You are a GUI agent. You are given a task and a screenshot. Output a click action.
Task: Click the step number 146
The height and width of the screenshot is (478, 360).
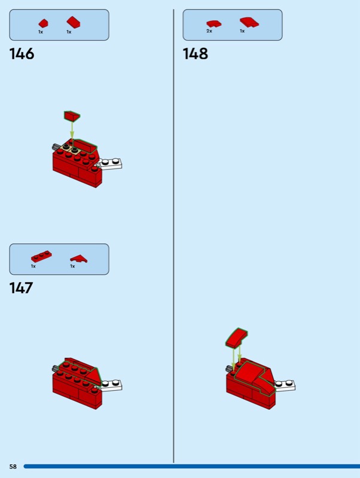click(x=22, y=54)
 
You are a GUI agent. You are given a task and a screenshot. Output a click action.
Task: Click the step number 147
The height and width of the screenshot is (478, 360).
click(x=21, y=288)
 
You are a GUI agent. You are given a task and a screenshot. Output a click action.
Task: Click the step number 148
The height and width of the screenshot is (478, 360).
click(x=196, y=54)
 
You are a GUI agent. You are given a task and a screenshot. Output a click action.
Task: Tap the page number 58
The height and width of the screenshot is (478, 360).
click(x=13, y=467)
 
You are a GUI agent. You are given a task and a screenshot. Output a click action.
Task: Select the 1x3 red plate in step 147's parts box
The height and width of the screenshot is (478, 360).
click(x=41, y=256)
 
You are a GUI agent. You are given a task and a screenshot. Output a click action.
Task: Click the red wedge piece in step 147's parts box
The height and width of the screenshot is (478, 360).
click(x=79, y=259)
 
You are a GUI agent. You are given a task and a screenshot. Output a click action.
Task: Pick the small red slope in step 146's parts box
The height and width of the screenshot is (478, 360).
click(x=43, y=23)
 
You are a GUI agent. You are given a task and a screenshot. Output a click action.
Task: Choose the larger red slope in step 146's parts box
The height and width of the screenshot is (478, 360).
click(x=74, y=22)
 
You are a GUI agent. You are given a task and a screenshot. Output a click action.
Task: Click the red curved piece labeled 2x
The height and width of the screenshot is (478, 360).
click(x=214, y=24)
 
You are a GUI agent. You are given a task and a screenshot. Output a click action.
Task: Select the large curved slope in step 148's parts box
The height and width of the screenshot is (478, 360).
click(x=249, y=22)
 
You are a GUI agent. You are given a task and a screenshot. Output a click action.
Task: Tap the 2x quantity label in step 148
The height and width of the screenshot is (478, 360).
click(x=209, y=31)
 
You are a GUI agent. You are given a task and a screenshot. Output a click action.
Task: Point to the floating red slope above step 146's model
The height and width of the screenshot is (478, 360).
click(x=72, y=116)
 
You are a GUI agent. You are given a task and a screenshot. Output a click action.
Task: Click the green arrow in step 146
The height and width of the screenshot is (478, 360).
click(x=72, y=130)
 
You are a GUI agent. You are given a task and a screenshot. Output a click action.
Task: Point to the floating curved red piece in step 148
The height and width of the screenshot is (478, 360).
click(x=237, y=338)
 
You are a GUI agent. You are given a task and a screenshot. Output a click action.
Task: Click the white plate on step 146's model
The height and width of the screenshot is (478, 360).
click(x=110, y=163)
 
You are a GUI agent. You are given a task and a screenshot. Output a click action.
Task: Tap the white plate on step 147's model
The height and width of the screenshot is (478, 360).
click(x=111, y=385)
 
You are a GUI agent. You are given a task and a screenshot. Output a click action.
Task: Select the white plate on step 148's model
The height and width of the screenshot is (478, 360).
click(x=284, y=385)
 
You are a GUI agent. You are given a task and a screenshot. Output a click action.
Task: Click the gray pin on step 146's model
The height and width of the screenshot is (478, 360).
click(x=56, y=146)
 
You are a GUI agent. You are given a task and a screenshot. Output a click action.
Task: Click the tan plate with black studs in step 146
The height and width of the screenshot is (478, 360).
click(x=70, y=148)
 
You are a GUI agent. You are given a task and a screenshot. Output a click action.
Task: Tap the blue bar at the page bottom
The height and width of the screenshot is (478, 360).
click(x=191, y=467)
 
